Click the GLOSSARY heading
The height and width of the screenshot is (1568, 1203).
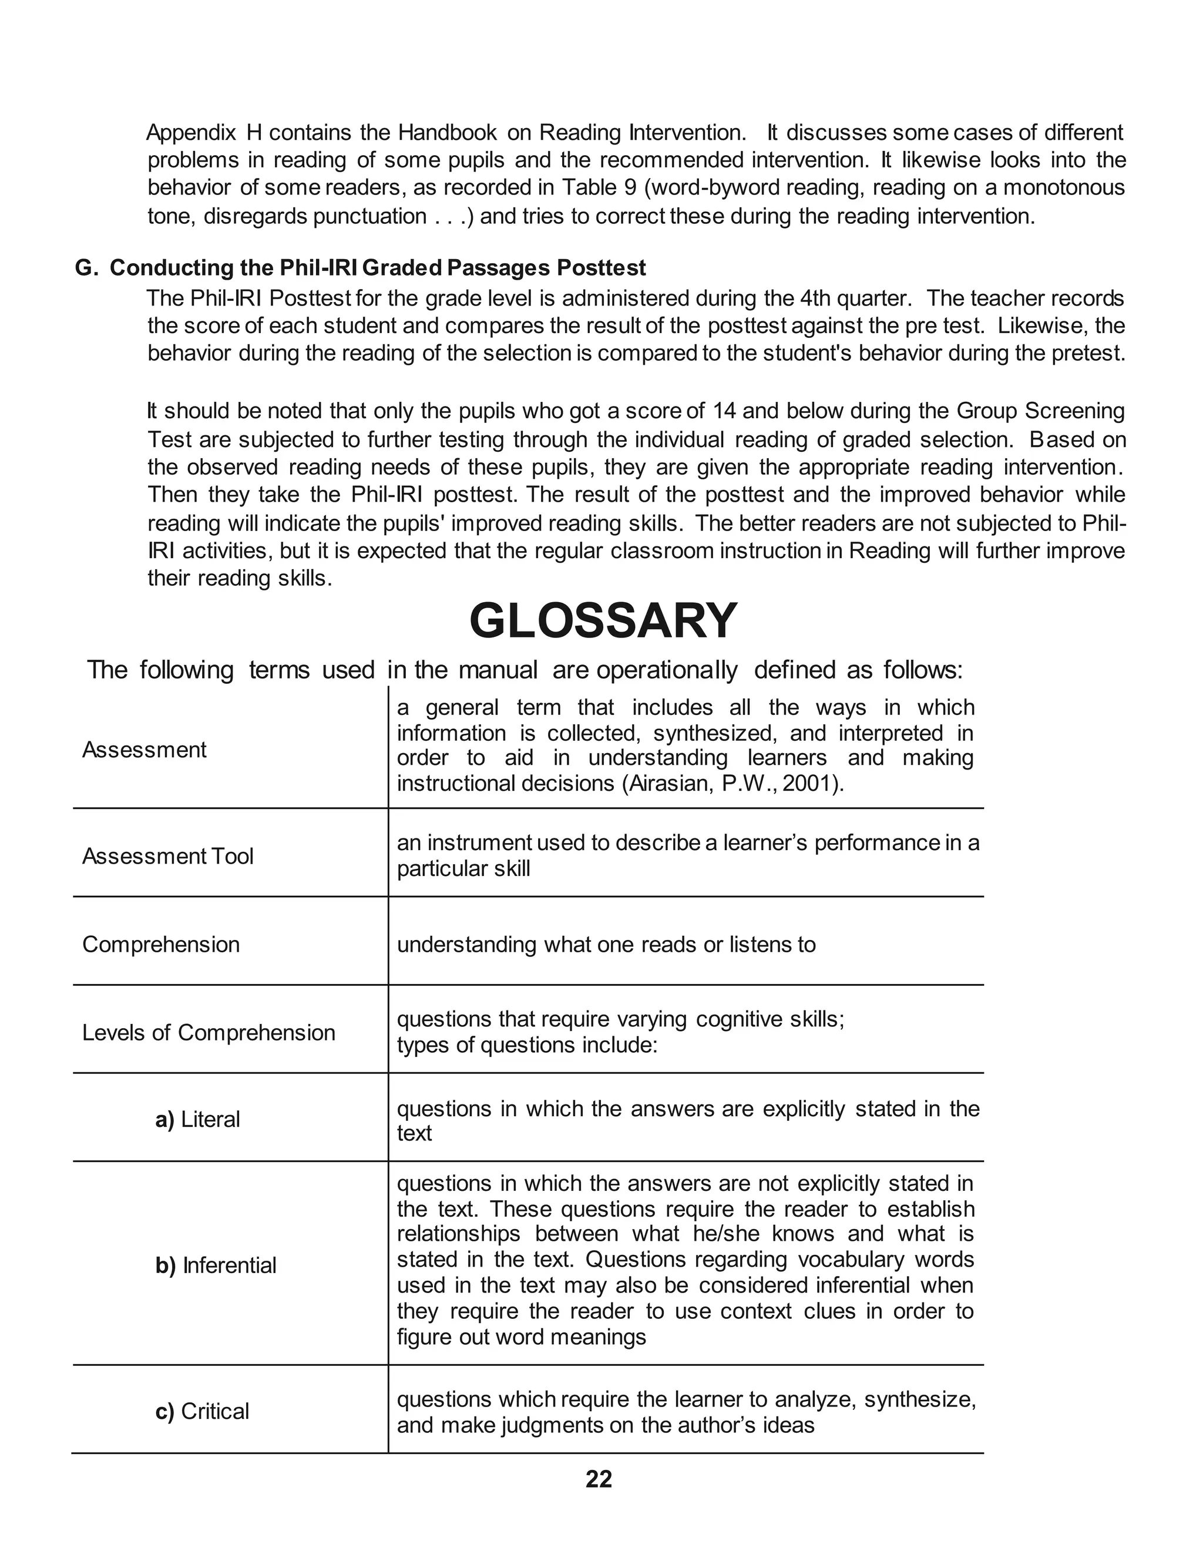(x=603, y=621)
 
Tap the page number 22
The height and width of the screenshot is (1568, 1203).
(x=599, y=1479)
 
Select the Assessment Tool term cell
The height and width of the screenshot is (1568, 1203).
(x=167, y=857)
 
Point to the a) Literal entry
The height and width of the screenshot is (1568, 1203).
(x=197, y=1119)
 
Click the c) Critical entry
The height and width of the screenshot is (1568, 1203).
(x=203, y=1411)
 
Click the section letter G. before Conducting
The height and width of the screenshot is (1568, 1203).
(x=85, y=268)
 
